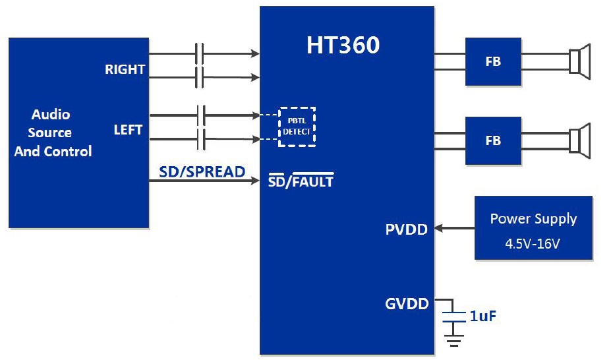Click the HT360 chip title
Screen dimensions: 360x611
[x=343, y=45]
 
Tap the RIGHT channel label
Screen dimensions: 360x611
[x=125, y=69]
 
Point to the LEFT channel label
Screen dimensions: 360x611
[x=128, y=130]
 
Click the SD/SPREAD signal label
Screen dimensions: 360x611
[x=202, y=172]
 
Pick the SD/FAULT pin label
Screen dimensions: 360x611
[x=301, y=181]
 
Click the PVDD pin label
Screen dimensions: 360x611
[x=406, y=229]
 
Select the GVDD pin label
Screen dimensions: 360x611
[x=407, y=304]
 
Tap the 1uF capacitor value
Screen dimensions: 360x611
[x=483, y=316]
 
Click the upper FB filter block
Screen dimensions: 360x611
[x=493, y=62]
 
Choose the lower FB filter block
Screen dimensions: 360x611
[x=493, y=140]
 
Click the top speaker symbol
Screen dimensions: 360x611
[x=580, y=61]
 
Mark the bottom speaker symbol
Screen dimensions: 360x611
[x=580, y=140]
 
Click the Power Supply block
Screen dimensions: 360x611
[x=533, y=227]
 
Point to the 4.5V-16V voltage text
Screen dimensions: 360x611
[x=533, y=243]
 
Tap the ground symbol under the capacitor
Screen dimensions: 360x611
[x=453, y=339]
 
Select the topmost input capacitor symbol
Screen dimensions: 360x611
[x=200, y=53]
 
